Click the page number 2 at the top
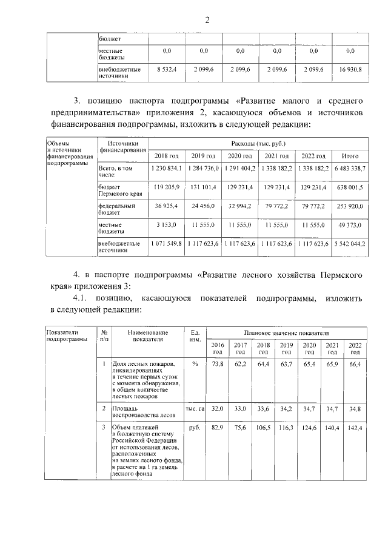pos(206,19)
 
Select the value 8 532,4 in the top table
pos(167,70)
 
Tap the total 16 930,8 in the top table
pos(349,70)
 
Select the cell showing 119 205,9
pos(167,187)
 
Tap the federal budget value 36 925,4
pos(167,206)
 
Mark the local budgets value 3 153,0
pos(167,224)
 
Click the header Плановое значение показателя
pos(286,333)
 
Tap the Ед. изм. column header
pos(195,336)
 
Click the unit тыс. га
pos(195,409)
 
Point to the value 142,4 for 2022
pos(355,428)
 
